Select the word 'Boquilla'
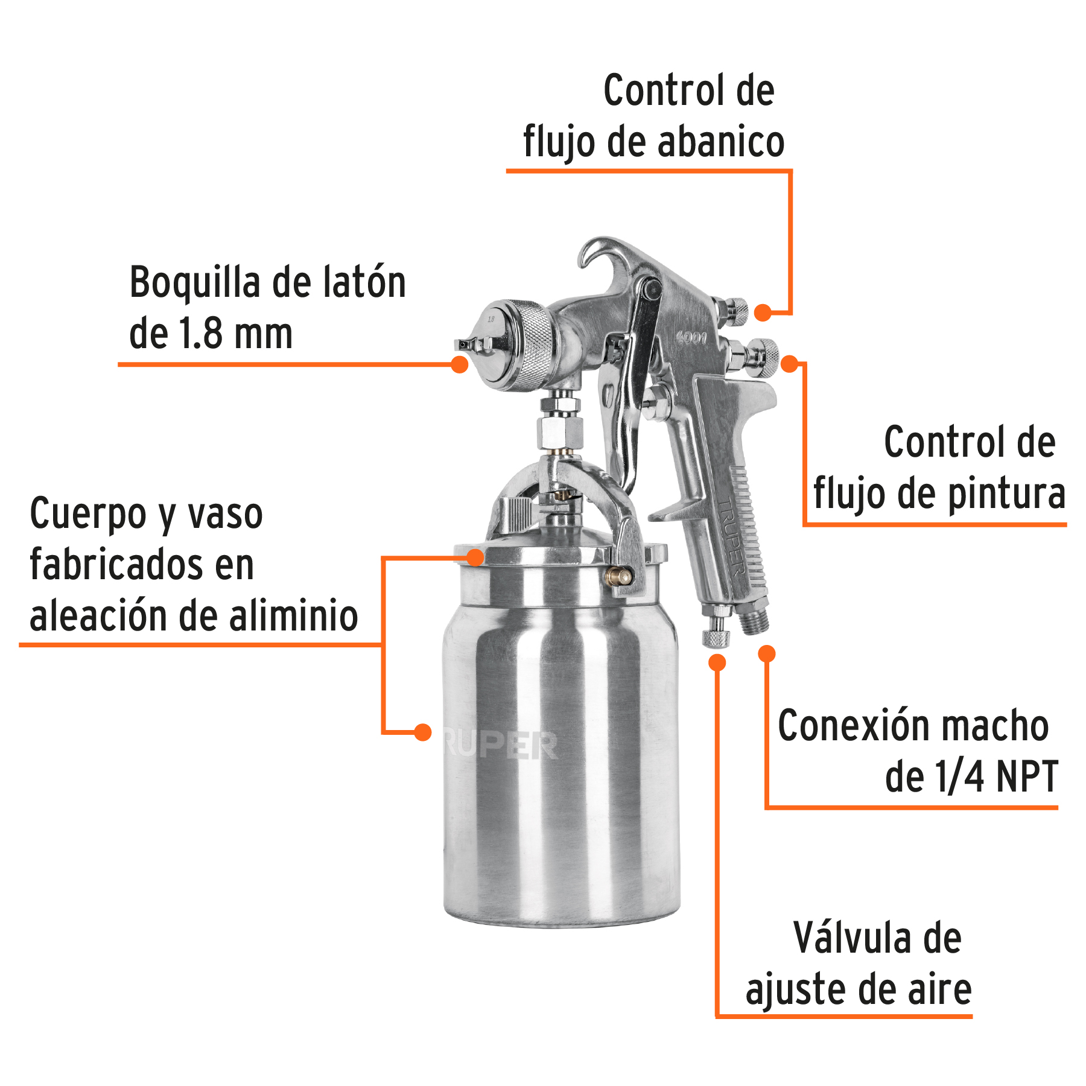coord(195,282)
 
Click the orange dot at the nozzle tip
coord(460,364)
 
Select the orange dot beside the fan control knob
coord(763,313)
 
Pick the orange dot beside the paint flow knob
coord(790,364)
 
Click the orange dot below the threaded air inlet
coord(767,653)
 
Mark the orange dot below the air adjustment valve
coord(717,662)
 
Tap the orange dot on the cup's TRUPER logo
coord(423,732)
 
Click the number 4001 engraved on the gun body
coord(691,337)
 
